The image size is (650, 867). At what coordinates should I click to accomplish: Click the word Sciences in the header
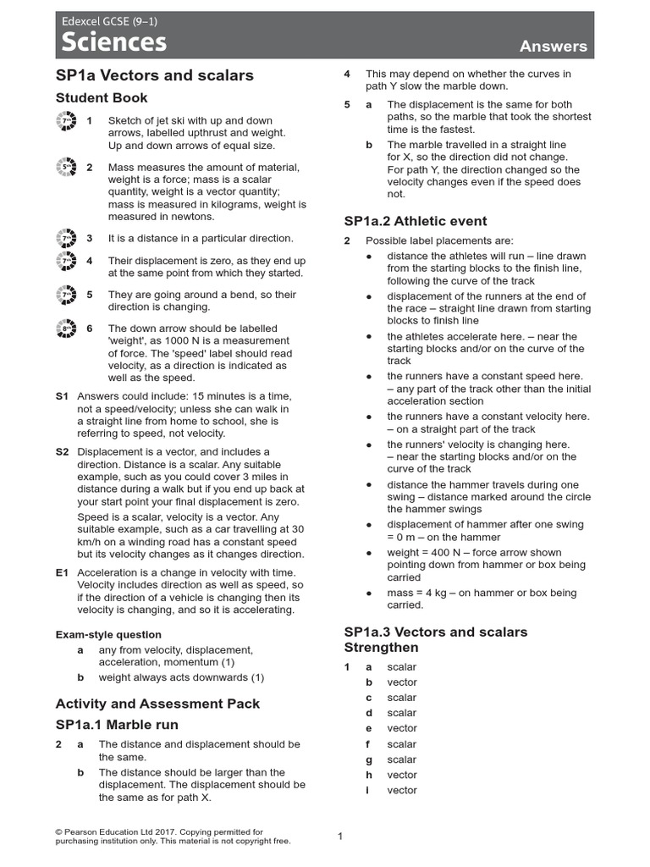point(112,42)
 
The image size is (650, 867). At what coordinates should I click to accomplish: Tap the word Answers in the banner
point(554,46)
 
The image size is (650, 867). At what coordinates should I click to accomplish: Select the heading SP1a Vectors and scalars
point(154,75)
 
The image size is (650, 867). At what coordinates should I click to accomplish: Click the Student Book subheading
point(102,98)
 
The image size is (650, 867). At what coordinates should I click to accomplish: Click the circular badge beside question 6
point(66,329)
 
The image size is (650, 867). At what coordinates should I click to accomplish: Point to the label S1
point(62,396)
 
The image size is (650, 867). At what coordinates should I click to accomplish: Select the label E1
point(62,573)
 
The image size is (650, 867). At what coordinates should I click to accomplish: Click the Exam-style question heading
point(108,634)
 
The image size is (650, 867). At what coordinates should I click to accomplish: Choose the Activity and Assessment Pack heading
point(157,704)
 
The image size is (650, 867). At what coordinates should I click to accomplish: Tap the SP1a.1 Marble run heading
point(117,725)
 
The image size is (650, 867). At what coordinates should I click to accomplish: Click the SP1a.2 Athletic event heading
point(416,221)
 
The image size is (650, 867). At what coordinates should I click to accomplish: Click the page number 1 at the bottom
point(340,837)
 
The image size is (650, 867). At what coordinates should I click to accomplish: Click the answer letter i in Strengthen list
point(368,790)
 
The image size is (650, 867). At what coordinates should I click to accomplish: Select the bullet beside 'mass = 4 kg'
point(368,594)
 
